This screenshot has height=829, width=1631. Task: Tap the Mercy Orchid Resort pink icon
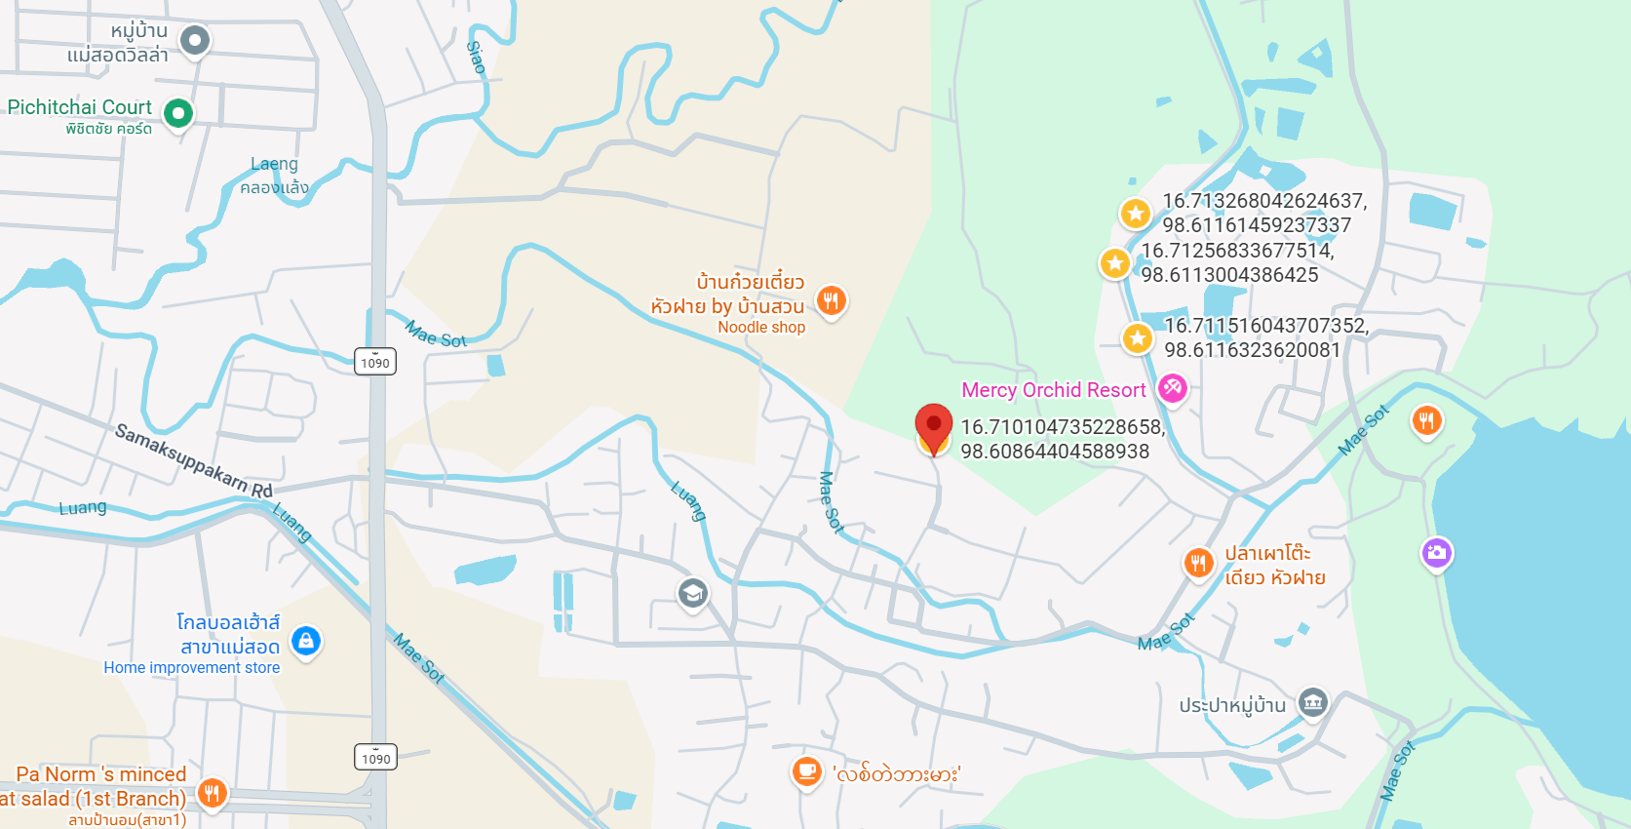tap(1172, 388)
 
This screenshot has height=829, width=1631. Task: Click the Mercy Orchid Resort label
tap(1053, 390)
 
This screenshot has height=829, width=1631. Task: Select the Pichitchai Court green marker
tap(178, 113)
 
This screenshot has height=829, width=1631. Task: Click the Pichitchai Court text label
tap(80, 107)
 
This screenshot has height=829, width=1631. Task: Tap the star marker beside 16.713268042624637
tap(1135, 213)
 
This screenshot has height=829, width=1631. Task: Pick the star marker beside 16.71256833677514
tap(1114, 262)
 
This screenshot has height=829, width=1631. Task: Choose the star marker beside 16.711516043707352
tap(1137, 338)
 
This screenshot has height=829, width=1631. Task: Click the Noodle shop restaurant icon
tap(831, 300)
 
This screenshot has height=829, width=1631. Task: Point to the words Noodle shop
tap(761, 328)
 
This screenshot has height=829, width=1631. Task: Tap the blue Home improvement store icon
tap(306, 641)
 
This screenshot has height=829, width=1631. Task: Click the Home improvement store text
tap(192, 668)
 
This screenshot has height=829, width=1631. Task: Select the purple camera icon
tap(1436, 553)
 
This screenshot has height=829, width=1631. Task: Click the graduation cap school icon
tap(692, 592)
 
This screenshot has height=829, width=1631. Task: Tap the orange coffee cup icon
tap(806, 771)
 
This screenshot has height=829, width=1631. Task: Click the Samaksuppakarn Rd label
tap(193, 460)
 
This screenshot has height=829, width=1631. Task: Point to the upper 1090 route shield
tap(375, 363)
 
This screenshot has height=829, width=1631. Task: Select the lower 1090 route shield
tap(376, 758)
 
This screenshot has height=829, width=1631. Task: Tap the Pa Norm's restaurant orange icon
tap(213, 793)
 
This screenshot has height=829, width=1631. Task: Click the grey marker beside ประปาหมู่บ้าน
tap(1313, 702)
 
